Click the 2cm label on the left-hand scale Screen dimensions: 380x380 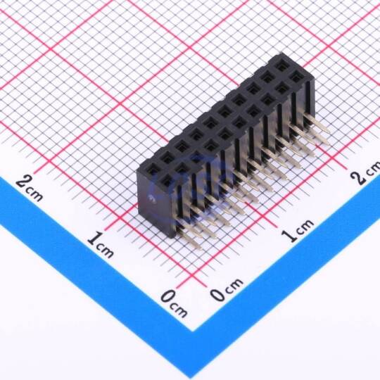click(x=30, y=188)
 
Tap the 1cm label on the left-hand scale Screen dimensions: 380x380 click(x=101, y=244)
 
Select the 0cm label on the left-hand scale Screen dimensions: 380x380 click(x=174, y=304)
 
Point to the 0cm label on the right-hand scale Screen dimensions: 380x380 click(x=226, y=289)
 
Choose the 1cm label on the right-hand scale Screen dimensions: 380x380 click(x=298, y=230)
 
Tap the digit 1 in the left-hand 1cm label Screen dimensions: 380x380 click(x=94, y=239)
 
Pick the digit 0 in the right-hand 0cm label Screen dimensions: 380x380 click(x=217, y=293)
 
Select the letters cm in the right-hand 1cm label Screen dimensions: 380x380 click(x=305, y=226)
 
